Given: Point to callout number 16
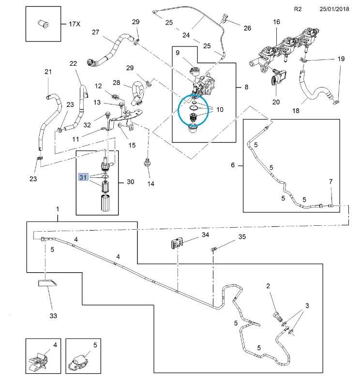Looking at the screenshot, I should point(276,22).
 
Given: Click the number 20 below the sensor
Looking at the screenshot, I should point(276,102).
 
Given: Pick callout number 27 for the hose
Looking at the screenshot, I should point(95,32).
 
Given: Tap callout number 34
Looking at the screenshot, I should point(206,235).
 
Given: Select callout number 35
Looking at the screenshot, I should point(242,237).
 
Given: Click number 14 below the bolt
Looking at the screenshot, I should point(151,184).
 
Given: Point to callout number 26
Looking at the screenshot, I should point(247,28).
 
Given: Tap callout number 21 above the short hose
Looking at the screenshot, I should point(48,72).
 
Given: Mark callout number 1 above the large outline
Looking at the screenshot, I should point(58,208).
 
